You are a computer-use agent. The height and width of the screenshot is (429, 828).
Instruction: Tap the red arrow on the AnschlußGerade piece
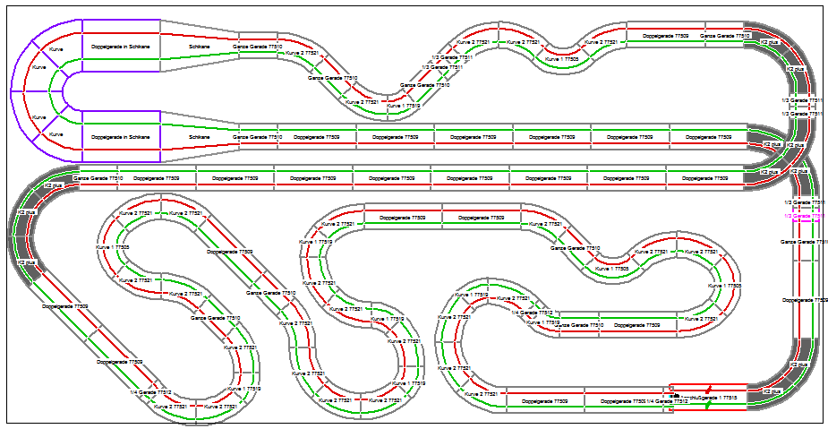pyautogui.click(x=710, y=390)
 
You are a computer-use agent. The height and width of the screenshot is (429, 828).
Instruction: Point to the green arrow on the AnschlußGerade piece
pyautogui.click(x=708, y=405)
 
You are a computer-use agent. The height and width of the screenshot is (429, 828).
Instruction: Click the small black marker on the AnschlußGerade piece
pyautogui.click(x=678, y=395)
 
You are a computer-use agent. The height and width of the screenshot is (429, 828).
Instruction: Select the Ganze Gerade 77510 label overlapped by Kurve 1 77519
pyautogui.click(x=571, y=325)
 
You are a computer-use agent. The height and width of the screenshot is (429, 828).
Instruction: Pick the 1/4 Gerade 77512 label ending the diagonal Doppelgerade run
pyautogui.click(x=150, y=392)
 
